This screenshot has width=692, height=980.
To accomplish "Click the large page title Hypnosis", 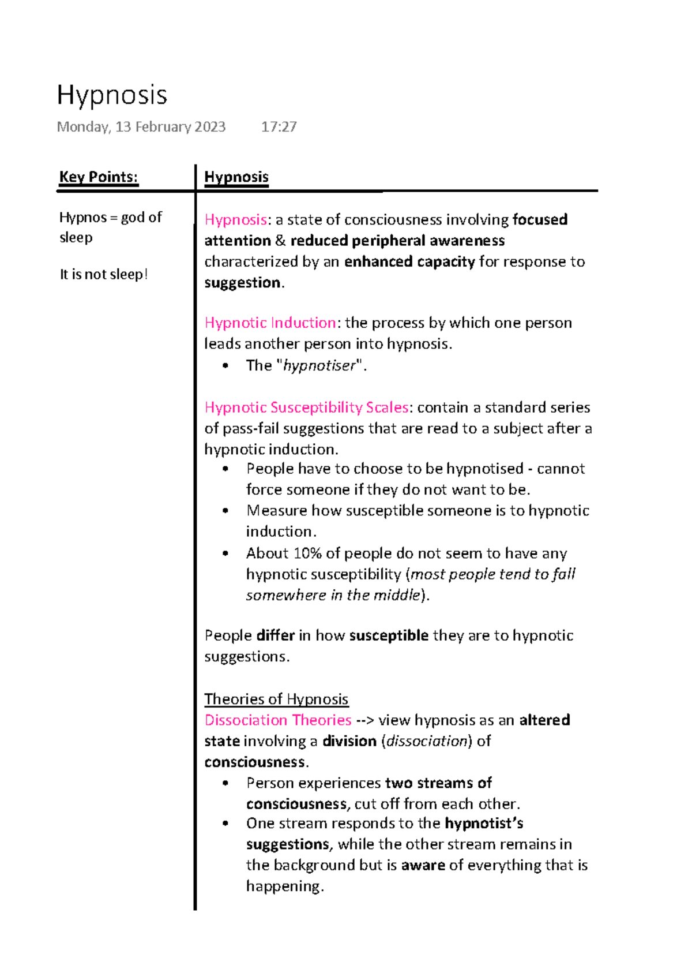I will pyautogui.click(x=112, y=95).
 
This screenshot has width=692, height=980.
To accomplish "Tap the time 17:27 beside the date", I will pyautogui.click(x=279, y=127).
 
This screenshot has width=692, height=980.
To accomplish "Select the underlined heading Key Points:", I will pyautogui.click(x=99, y=177).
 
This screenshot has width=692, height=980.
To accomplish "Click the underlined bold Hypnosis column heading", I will pyautogui.click(x=236, y=177).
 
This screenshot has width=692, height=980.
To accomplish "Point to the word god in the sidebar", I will pyautogui.click(x=133, y=218).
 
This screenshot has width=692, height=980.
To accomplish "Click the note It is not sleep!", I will pyautogui.click(x=104, y=274).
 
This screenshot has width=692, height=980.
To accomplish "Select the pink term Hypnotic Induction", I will pyautogui.click(x=270, y=323).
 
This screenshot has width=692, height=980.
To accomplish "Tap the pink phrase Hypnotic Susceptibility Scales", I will pyautogui.click(x=306, y=407).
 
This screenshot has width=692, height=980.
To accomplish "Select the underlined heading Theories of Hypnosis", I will pyautogui.click(x=276, y=700).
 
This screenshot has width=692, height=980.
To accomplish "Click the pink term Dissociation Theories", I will pyautogui.click(x=278, y=720).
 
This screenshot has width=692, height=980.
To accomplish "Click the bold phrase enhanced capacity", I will pyautogui.click(x=409, y=262).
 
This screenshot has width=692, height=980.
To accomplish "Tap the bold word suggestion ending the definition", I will pyautogui.click(x=242, y=283).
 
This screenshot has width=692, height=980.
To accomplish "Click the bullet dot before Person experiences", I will pyautogui.click(x=225, y=783).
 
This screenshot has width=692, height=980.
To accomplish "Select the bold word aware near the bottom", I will pyautogui.click(x=423, y=865).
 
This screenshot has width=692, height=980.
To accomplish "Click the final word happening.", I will pyautogui.click(x=284, y=887).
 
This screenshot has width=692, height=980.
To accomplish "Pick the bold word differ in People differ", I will pyautogui.click(x=276, y=635).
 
